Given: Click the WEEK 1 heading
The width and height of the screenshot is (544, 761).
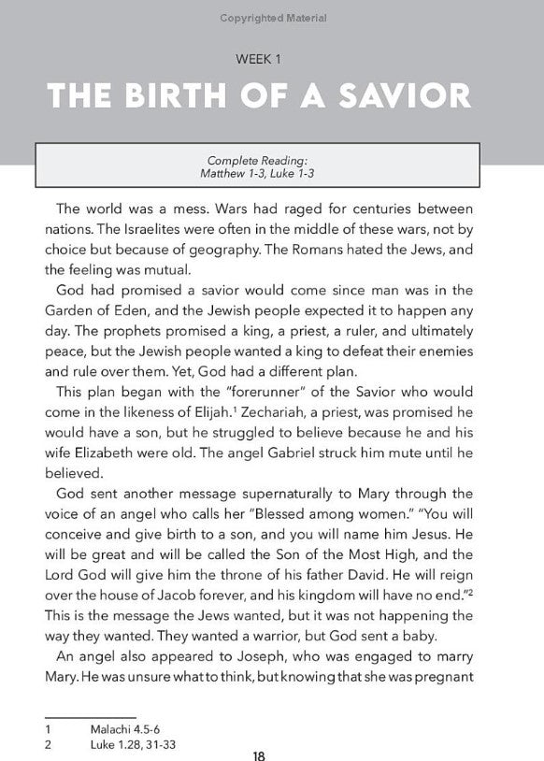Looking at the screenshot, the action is [271, 59].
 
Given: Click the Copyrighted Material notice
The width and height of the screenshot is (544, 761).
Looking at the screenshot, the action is [271, 18].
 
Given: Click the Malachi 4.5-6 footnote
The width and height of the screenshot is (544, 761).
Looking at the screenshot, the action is [122, 726].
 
